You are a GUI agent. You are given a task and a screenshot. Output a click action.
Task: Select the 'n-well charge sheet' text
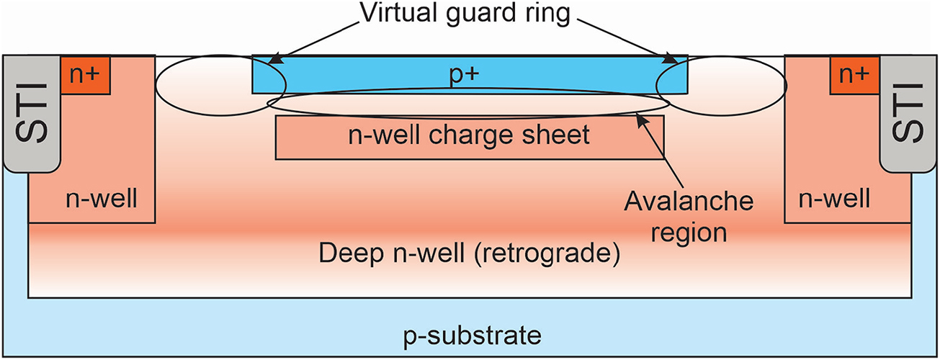pos(470,135)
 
